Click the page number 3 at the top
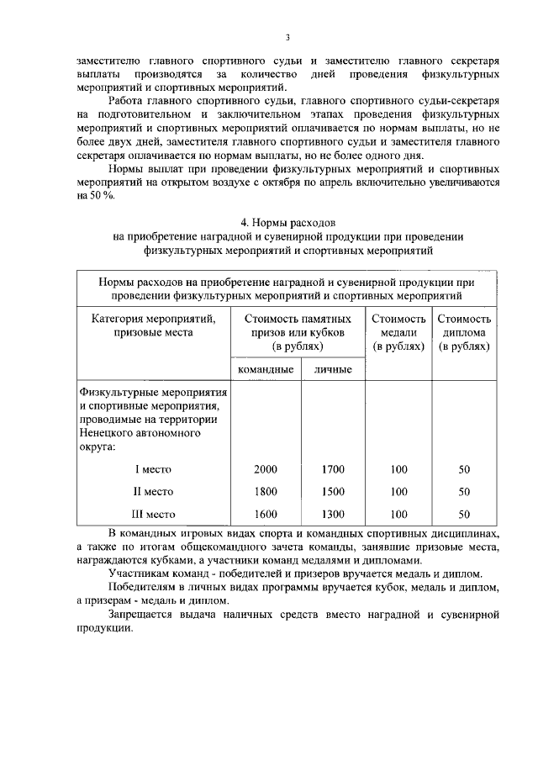click(287, 37)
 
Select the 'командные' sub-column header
click(266, 370)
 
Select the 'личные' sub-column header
click(333, 370)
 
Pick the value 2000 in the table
click(266, 469)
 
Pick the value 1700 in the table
click(333, 469)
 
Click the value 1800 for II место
click(266, 492)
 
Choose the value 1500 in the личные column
click(333, 492)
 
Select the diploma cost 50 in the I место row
click(464, 469)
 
